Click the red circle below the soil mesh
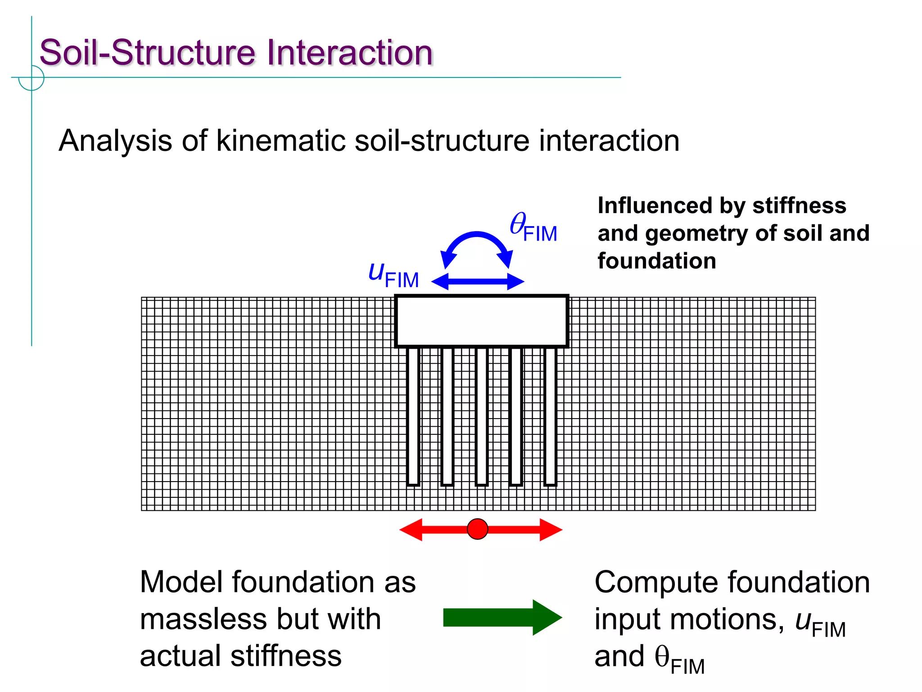point(477,529)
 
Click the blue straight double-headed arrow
point(478,282)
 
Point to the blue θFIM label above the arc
point(533,228)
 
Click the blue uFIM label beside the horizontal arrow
point(393,275)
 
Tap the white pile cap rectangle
point(481,321)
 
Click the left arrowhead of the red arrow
point(411,529)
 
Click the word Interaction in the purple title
point(349,53)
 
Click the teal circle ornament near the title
point(32,78)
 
